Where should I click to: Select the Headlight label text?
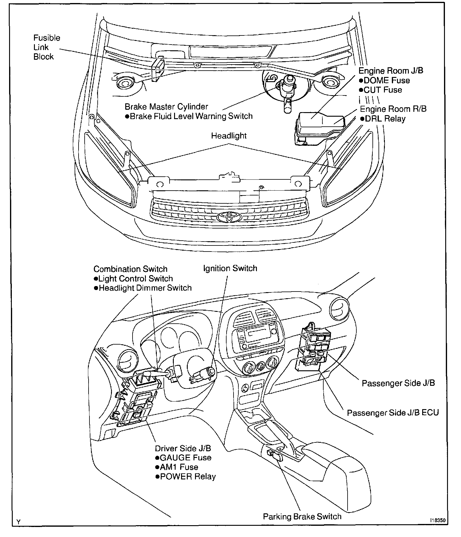click(x=229, y=136)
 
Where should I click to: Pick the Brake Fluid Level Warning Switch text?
click(x=191, y=116)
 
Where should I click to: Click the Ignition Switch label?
click(x=230, y=268)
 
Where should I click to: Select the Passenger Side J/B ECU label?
click(x=393, y=413)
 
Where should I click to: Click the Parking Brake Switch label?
click(x=302, y=517)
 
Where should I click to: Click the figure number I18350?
click(x=437, y=520)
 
